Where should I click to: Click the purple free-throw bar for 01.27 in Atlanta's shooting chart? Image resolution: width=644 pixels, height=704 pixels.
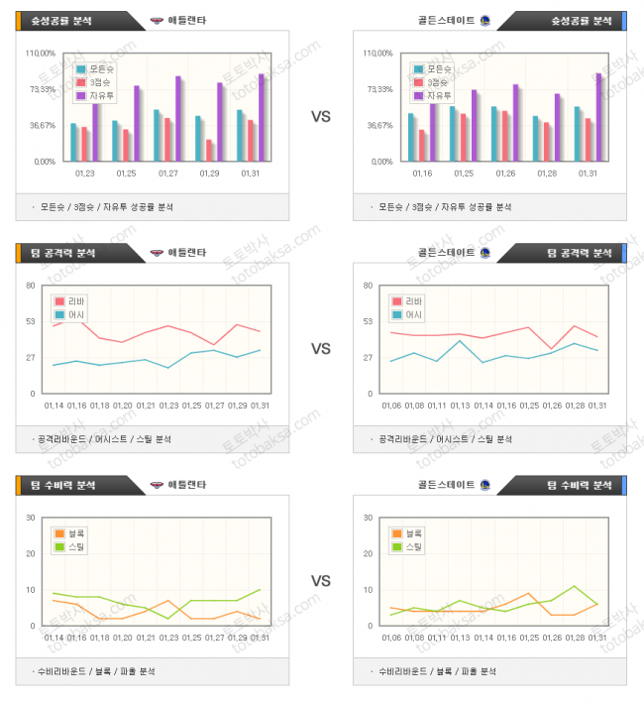178,119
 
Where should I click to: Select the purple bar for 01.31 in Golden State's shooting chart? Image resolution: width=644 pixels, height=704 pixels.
598,117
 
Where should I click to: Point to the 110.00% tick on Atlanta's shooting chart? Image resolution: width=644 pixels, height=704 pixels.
39,53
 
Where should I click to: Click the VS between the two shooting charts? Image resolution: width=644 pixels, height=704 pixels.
321,117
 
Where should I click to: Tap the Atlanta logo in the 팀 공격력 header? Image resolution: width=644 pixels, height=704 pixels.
157,253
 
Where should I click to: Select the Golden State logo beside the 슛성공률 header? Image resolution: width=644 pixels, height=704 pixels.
484,20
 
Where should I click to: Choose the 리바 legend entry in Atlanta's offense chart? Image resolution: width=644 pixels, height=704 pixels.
74,301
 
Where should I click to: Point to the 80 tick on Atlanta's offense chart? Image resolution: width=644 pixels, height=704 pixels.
32,286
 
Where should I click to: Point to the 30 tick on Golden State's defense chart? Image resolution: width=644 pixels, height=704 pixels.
369,518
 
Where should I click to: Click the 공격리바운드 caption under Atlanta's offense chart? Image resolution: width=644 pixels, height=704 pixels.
60,438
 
